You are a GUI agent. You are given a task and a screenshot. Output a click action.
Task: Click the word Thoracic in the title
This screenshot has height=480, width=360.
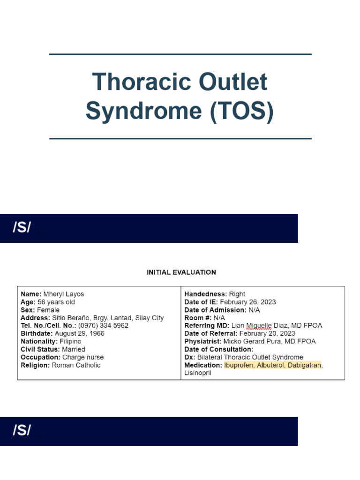tap(136, 82)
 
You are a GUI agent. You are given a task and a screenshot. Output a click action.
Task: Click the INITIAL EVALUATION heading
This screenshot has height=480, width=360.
tap(181, 272)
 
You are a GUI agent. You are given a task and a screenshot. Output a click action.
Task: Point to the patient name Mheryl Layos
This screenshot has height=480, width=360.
tap(64, 294)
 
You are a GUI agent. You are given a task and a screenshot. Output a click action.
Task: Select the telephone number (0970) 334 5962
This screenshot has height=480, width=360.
tap(103, 325)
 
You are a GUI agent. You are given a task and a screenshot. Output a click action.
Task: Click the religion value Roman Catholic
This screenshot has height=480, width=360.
tap(76, 365)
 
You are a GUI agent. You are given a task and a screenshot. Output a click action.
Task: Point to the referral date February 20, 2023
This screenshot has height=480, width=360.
tap(267, 333)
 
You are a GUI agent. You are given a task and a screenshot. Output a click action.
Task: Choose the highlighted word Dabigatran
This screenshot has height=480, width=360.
tap(304, 365)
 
